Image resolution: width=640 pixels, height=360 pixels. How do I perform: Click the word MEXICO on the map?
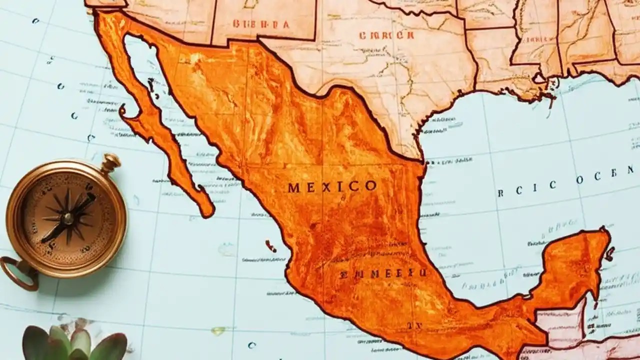pos(332,187)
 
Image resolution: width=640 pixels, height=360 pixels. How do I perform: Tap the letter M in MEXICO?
pos(294,188)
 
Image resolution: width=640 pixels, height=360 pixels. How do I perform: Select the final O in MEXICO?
pos(370,186)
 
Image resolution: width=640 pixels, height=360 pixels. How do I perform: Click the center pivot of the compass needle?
pos(67,218)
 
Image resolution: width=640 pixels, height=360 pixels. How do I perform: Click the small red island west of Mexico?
pos(270,245)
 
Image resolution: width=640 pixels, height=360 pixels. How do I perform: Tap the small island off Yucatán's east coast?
pos(609,254)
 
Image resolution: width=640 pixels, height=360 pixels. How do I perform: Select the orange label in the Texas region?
pos(386,35)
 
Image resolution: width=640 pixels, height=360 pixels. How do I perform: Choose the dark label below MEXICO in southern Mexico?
pos(383,273)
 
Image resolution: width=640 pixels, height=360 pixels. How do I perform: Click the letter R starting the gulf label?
pos(500,192)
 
